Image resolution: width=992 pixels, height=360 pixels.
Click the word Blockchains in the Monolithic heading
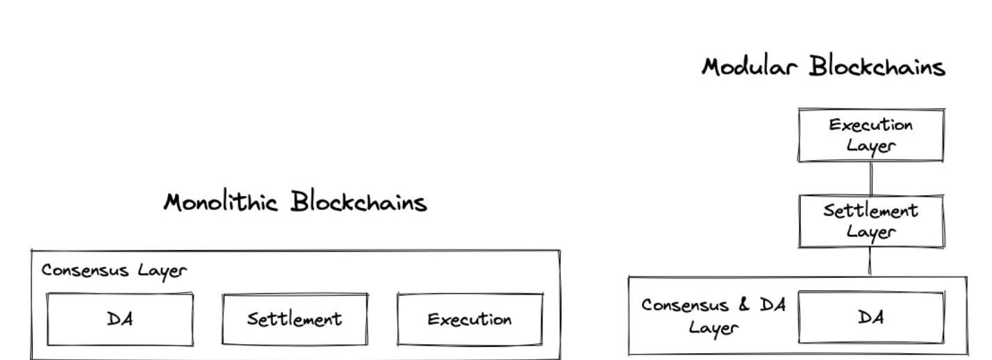tap(358, 202)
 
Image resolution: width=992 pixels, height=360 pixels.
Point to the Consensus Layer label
tap(114, 270)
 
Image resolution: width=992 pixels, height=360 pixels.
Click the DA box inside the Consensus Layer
tap(120, 319)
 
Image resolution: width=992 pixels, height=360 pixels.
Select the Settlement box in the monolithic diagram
tap(295, 319)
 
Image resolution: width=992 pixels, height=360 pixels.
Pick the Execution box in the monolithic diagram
tap(470, 320)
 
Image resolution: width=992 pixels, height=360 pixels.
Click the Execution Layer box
tap(871, 135)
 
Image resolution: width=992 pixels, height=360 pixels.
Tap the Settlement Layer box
tap(871, 221)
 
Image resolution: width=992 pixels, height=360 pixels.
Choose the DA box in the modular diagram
tap(871, 318)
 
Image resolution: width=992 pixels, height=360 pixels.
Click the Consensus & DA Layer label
tap(713, 316)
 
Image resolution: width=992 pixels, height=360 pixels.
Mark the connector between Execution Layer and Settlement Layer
tap(871, 179)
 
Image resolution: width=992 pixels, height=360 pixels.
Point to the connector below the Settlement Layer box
tap(870, 262)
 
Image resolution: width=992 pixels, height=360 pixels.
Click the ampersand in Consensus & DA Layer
tap(745, 306)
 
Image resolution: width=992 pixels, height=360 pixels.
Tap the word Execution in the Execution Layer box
tap(871, 126)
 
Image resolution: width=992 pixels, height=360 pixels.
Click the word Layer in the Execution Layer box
tap(871, 146)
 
